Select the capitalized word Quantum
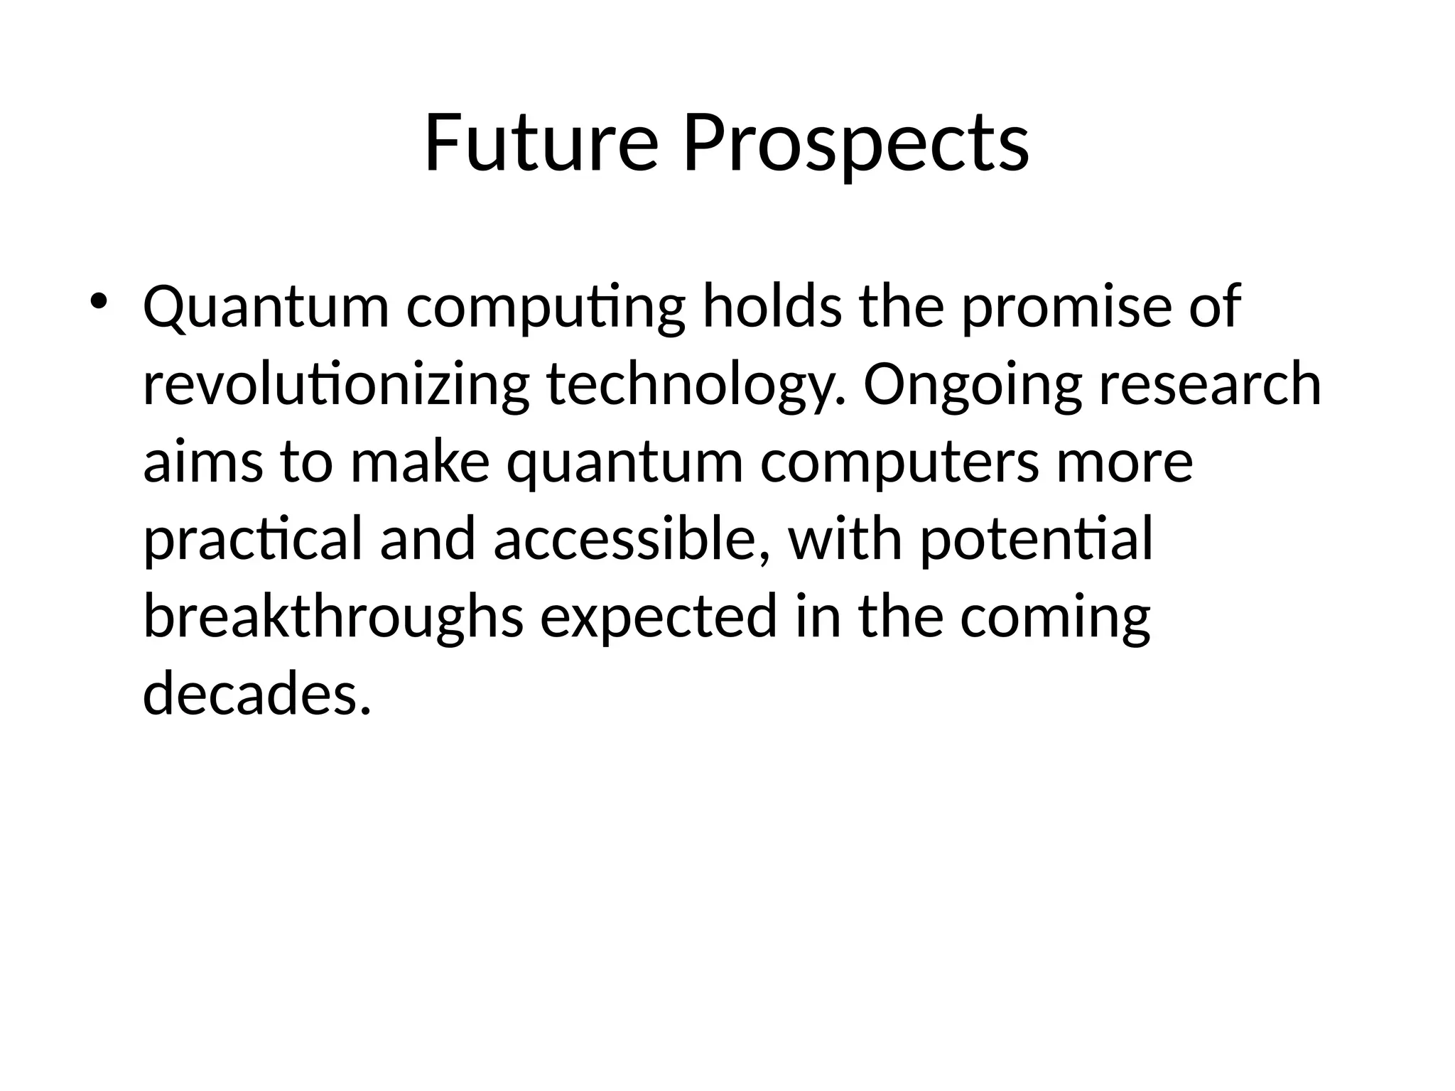coord(266,307)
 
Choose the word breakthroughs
coord(333,617)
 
